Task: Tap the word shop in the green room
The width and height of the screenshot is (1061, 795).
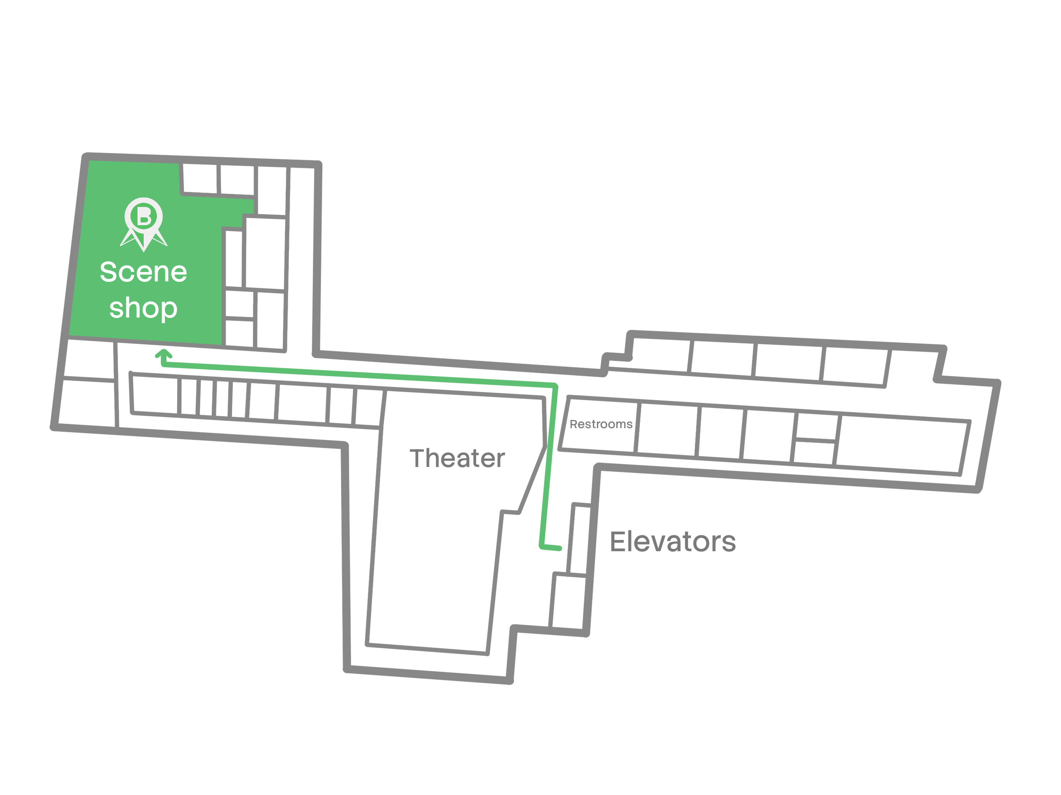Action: tap(143, 308)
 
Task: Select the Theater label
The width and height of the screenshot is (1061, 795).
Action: tap(457, 458)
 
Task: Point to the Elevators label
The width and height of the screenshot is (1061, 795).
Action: tap(673, 542)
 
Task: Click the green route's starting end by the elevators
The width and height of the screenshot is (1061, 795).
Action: tap(559, 548)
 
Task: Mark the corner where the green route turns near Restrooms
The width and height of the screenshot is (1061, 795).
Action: tap(555, 385)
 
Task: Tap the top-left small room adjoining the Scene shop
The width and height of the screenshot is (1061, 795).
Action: tap(200, 179)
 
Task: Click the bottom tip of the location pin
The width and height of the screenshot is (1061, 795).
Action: tap(144, 250)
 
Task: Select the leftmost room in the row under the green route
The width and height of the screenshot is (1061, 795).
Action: tap(155, 394)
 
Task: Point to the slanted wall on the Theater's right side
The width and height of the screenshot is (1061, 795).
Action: tap(532, 480)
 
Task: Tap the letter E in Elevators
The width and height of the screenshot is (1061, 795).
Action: tap(618, 542)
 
